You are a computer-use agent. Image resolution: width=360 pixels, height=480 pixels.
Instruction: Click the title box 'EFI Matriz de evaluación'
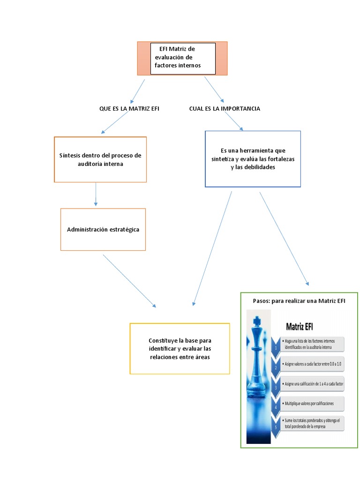coord(182,58)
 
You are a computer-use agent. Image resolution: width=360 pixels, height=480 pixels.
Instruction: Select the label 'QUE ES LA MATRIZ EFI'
coord(129,108)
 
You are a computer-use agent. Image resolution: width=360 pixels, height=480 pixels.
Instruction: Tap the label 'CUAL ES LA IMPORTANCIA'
coord(225,108)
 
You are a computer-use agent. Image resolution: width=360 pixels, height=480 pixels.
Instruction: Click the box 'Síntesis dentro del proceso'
coord(100,159)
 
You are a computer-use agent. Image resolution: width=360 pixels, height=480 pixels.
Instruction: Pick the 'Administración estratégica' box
coord(103,230)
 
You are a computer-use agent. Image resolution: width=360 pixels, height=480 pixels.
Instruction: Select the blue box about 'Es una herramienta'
coord(253,159)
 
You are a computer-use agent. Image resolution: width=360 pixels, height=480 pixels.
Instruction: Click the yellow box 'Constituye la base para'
coord(180,348)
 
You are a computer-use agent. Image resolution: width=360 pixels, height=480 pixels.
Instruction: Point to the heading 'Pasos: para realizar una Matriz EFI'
coord(299,301)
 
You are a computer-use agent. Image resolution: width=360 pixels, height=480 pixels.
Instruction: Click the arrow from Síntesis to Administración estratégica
coord(96,194)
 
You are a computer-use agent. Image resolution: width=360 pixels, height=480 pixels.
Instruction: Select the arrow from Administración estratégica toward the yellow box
coord(130,281)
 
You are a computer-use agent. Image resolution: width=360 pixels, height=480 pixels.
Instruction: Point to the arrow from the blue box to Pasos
coord(284,238)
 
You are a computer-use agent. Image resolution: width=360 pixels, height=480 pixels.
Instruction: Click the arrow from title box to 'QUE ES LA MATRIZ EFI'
coord(138,91)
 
